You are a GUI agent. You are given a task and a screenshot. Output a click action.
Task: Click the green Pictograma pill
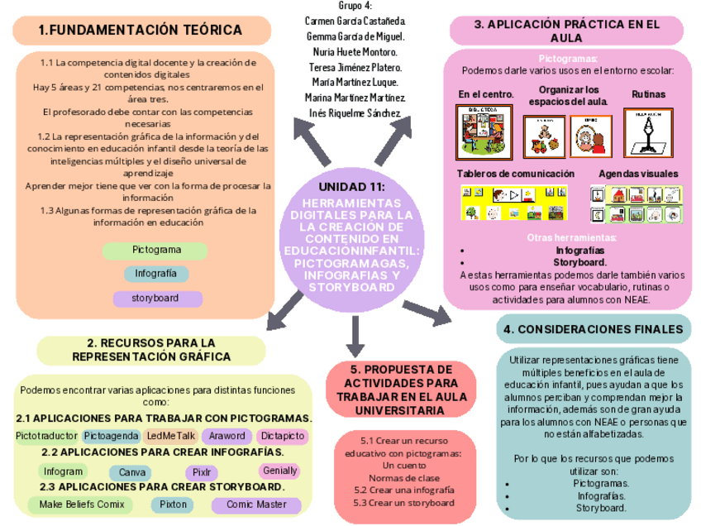[x=155, y=250]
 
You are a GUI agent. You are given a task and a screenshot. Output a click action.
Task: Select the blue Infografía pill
[x=156, y=274]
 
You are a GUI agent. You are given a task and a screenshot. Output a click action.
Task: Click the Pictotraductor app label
[x=46, y=435]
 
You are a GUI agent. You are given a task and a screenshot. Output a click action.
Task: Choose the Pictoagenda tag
[x=111, y=435]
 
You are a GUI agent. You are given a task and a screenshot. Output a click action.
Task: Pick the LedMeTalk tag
[x=170, y=435]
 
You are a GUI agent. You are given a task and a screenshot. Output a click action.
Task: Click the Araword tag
[x=227, y=435]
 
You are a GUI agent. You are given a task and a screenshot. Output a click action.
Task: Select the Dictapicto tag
[x=283, y=435]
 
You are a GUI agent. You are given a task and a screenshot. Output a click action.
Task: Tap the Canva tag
[x=133, y=472]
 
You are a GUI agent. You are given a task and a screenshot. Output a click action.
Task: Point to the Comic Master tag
[x=256, y=504]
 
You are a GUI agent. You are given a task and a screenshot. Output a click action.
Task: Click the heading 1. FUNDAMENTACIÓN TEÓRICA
[x=141, y=31]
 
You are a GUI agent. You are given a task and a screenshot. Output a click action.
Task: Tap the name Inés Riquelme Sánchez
[x=355, y=112]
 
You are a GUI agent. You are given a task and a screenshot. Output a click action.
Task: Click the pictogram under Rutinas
[x=647, y=129]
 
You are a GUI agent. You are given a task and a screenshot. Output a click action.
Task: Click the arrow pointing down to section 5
[x=355, y=335]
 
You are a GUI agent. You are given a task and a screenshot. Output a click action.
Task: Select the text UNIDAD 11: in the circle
[x=352, y=186]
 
